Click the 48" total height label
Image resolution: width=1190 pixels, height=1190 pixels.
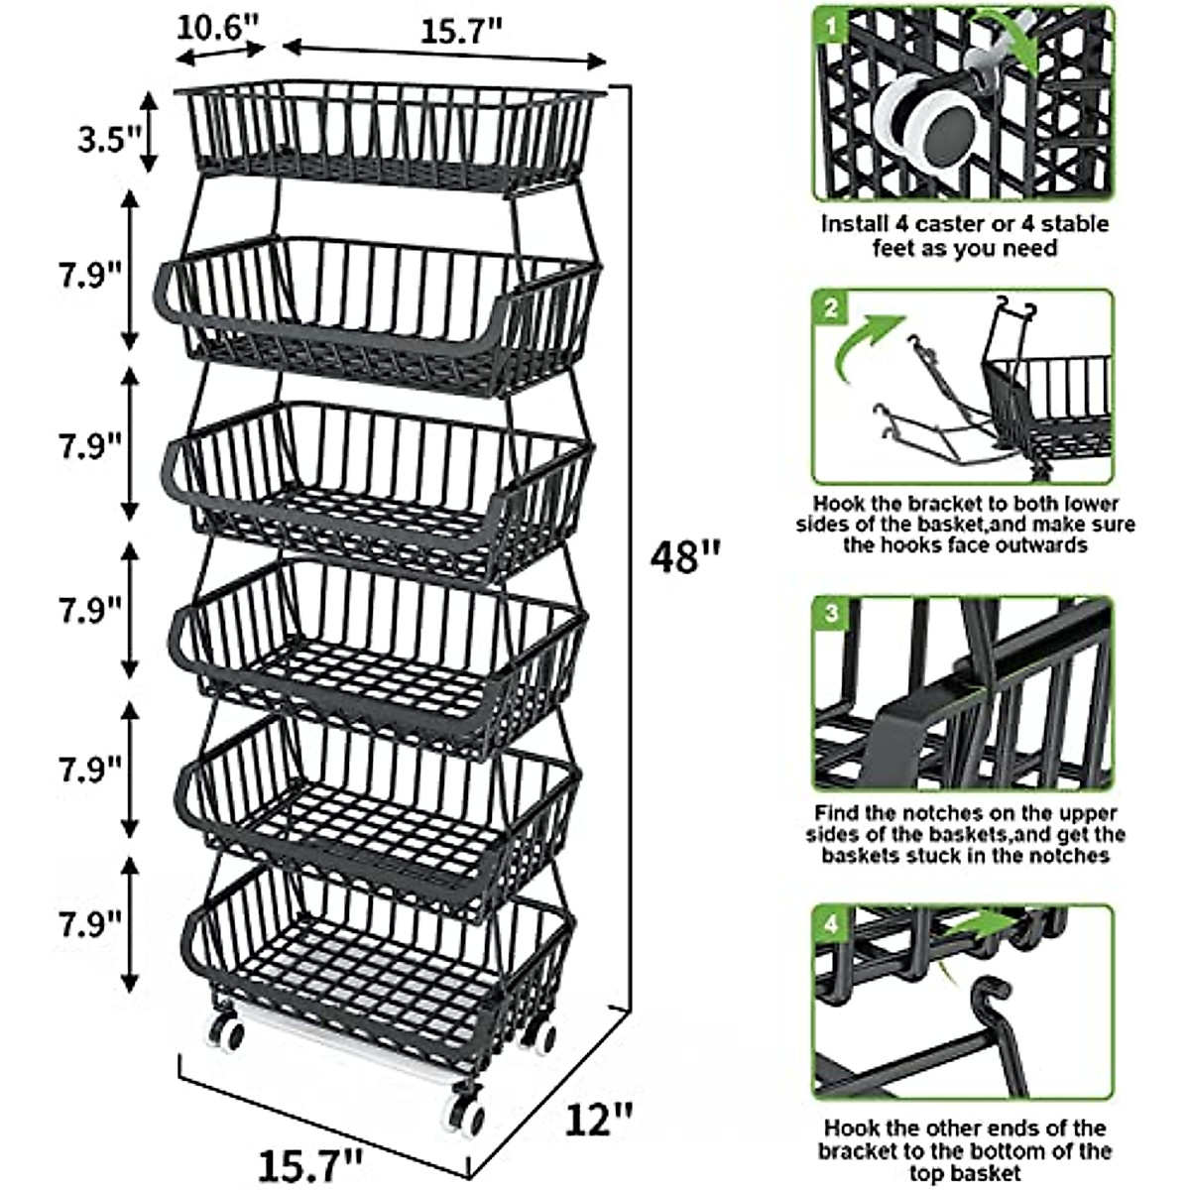[x=685, y=556]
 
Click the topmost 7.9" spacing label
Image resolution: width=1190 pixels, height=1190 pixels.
[x=88, y=273]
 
